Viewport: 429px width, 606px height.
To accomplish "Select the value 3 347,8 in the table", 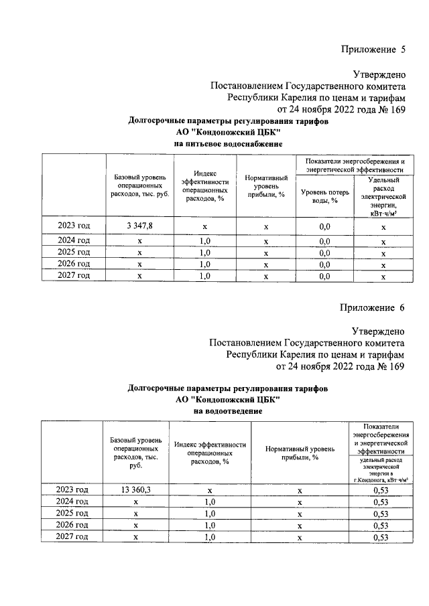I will [139, 226].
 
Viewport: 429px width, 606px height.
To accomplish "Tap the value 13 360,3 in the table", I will [136, 490].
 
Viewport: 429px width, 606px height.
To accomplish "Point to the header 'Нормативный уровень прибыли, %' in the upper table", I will [266, 187].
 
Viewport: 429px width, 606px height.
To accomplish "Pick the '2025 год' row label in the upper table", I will [74, 252].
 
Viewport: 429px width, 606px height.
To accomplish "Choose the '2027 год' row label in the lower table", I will [72, 537].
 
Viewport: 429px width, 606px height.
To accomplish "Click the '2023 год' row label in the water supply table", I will [74, 226].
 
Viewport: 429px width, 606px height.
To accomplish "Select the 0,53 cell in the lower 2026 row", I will [381, 525].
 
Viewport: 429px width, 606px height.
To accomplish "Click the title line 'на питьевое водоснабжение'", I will [228, 144].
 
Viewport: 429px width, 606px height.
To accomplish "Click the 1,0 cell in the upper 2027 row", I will [206, 275].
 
